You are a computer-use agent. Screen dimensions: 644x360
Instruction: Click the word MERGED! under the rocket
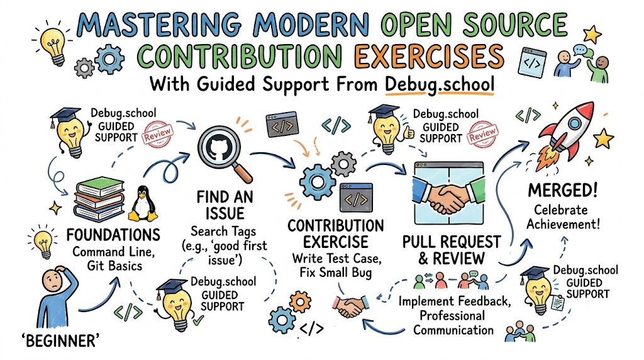pyautogui.click(x=562, y=191)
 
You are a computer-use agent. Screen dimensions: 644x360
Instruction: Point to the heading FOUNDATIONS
pyautogui.click(x=113, y=235)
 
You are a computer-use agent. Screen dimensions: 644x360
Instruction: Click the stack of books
pyautogui.click(x=99, y=200)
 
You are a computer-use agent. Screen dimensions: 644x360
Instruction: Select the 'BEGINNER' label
pyautogui.click(x=60, y=340)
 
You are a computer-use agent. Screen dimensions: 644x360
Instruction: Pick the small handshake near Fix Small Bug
pyautogui.click(x=350, y=307)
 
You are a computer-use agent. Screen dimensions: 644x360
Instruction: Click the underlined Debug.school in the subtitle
pyautogui.click(x=440, y=85)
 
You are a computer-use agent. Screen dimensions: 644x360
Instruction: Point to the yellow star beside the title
pyautogui.click(x=592, y=35)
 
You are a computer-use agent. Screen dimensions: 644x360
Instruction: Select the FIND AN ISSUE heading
pyautogui.click(x=225, y=205)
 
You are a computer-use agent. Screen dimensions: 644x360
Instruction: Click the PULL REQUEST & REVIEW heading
pyautogui.click(x=452, y=250)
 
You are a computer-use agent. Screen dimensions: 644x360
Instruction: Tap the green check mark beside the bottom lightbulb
pyautogui.click(x=198, y=320)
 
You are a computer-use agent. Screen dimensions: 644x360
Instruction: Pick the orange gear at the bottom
pyautogui.click(x=300, y=303)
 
